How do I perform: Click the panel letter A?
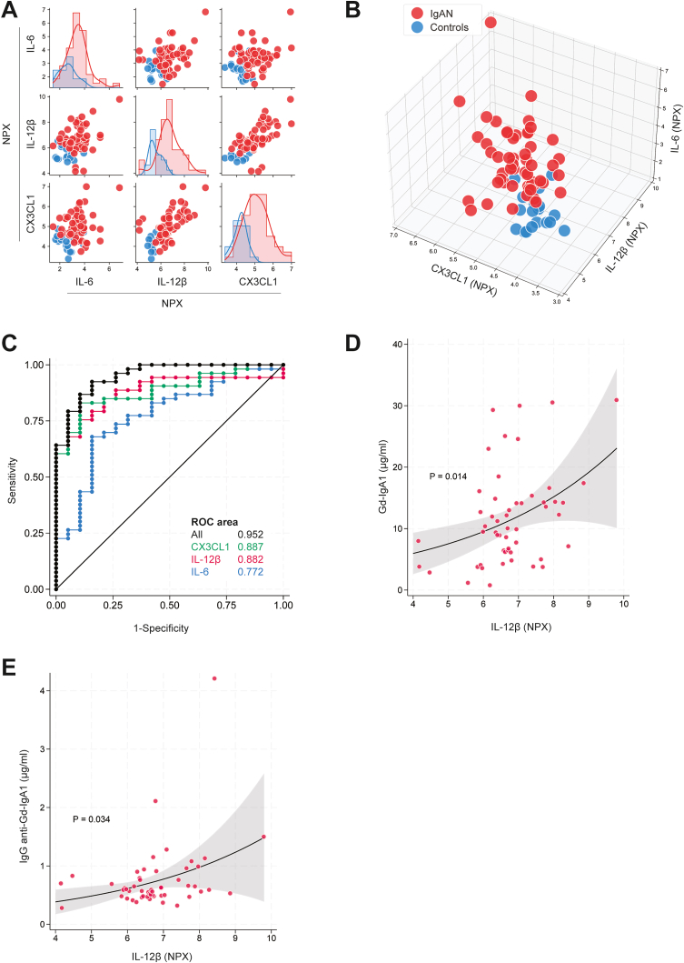(x=9, y=10)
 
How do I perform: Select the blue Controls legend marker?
(x=417, y=27)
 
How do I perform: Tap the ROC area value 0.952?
(x=251, y=535)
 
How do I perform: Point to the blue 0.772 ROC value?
(x=251, y=572)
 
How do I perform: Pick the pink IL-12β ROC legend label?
(x=205, y=559)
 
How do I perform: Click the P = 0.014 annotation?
(x=449, y=476)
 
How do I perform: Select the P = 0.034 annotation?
(x=92, y=818)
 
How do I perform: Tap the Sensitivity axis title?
(x=13, y=480)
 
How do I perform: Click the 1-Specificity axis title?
(x=162, y=628)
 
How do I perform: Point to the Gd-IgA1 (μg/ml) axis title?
(x=383, y=476)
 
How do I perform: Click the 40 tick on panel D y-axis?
(x=396, y=344)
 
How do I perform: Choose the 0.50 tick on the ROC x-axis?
(x=170, y=605)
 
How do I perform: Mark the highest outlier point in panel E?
(x=214, y=678)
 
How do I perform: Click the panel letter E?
(x=8, y=667)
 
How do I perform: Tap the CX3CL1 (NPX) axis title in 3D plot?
(x=463, y=279)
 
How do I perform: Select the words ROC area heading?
(x=214, y=522)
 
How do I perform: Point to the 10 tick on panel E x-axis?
(x=272, y=938)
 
